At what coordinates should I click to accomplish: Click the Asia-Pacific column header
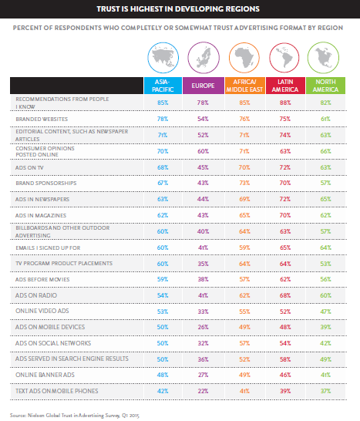[163, 86]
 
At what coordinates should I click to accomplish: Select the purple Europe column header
[204, 86]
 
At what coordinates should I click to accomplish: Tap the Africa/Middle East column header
[245, 86]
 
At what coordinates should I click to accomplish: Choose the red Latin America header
[285, 86]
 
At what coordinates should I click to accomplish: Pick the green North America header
[325, 86]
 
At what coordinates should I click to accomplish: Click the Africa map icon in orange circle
[244, 58]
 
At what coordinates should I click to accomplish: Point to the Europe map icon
[204, 58]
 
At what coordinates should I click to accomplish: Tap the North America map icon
[323, 58]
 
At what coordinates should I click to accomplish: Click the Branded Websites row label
[42, 119]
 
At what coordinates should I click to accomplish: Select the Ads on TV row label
[29, 167]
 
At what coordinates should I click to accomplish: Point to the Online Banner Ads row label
[45, 375]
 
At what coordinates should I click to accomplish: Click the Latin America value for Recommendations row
[285, 103]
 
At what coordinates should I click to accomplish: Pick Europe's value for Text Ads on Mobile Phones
[203, 391]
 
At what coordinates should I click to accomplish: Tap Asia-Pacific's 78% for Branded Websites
[163, 119]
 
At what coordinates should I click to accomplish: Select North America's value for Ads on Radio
[325, 295]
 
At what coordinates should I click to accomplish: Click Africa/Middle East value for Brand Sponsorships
[244, 183]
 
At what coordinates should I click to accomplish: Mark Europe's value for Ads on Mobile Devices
[203, 327]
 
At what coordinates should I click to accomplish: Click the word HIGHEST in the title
[146, 8]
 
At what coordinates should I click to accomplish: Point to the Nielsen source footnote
[75, 416]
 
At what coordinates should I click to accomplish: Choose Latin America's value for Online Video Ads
[285, 312]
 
